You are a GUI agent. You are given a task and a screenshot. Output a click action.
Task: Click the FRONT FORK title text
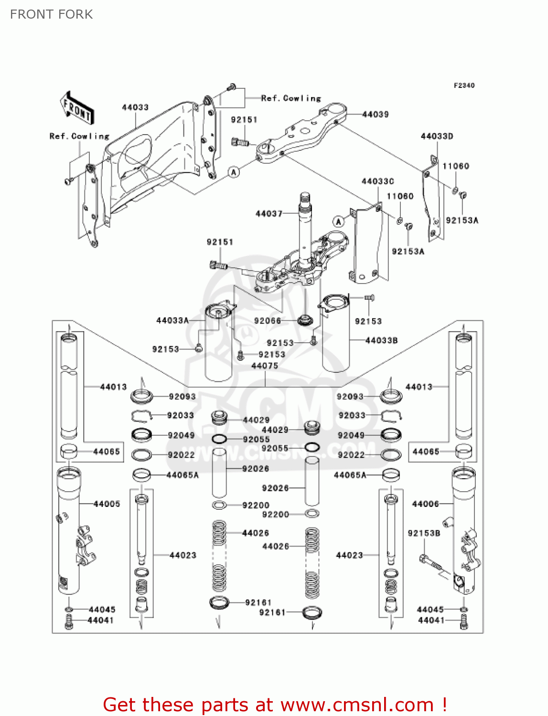click(x=51, y=14)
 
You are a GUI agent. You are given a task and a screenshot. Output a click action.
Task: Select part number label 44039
click(x=375, y=115)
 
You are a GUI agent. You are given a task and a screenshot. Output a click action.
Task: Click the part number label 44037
click(x=269, y=213)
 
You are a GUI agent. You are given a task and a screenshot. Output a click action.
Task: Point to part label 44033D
click(x=437, y=137)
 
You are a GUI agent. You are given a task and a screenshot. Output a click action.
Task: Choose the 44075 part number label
click(x=264, y=366)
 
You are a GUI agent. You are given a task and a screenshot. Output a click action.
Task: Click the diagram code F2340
click(x=464, y=85)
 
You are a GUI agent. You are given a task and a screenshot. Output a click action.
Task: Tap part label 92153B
click(x=424, y=533)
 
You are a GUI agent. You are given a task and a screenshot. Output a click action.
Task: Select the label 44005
click(x=107, y=504)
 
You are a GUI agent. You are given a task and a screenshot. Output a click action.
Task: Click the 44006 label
click(x=425, y=504)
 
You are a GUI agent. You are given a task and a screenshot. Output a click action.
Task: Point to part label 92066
click(x=268, y=321)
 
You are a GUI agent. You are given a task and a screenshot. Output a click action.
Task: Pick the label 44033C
click(x=377, y=181)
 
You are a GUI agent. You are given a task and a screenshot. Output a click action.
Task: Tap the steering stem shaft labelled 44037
click(x=305, y=224)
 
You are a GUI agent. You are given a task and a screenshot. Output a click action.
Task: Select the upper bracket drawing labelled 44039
click(x=301, y=134)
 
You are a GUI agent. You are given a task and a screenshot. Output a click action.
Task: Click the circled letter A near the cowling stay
click(x=234, y=172)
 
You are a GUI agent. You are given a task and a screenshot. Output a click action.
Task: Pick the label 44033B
click(x=381, y=340)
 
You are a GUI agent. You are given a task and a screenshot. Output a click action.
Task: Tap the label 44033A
click(x=172, y=321)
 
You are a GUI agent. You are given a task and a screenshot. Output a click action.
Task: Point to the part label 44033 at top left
click(x=135, y=107)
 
